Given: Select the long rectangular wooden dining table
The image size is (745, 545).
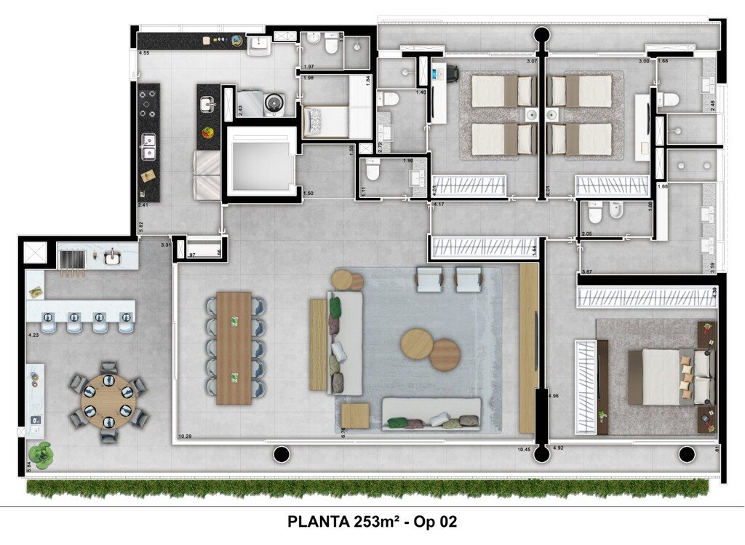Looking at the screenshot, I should (234, 349).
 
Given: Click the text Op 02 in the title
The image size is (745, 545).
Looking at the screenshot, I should (435, 522).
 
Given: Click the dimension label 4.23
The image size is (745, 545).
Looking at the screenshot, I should (32, 335).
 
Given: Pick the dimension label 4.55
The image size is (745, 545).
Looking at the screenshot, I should (144, 54).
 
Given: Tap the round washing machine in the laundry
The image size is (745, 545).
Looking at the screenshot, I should (274, 103).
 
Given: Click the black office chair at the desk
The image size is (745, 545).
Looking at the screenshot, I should (451, 72).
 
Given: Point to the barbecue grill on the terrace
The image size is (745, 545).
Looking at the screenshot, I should (72, 260).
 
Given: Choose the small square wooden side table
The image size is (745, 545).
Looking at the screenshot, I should (354, 416).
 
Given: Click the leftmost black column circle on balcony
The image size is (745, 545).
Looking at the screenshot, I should (281, 455).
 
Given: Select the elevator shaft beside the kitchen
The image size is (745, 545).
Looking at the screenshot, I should (260, 163).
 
